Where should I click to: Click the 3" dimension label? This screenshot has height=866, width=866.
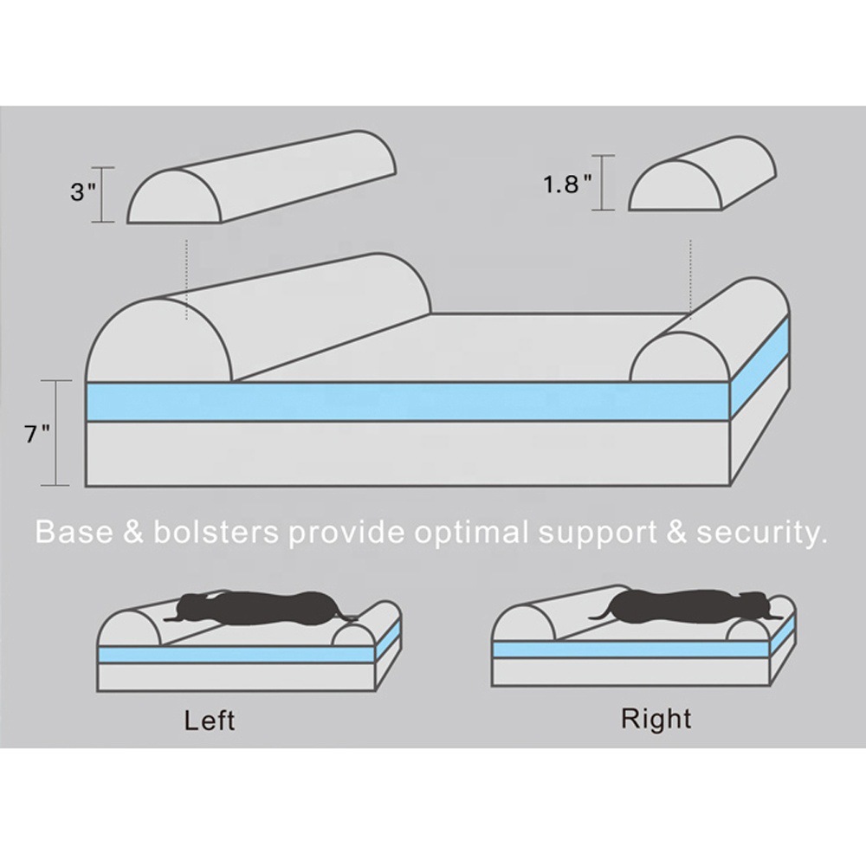pos(83,192)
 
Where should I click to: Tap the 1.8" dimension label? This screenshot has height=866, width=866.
pos(567,184)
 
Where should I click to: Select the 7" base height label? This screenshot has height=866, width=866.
pos(37,434)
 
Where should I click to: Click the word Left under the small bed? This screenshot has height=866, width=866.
pos(210,721)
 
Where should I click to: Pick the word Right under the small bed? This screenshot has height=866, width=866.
pos(656,719)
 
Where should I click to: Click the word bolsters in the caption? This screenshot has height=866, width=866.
pos(216,532)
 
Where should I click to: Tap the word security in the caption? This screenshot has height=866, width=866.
pos(761,533)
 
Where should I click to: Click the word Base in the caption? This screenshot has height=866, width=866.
pos(74,532)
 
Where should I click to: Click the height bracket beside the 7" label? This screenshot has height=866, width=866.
pos(55,433)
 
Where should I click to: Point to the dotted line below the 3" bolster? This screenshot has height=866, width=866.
pos(187,279)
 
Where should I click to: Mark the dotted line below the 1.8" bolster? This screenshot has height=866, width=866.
pos(690,279)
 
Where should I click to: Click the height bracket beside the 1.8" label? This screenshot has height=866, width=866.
pos(603,183)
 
